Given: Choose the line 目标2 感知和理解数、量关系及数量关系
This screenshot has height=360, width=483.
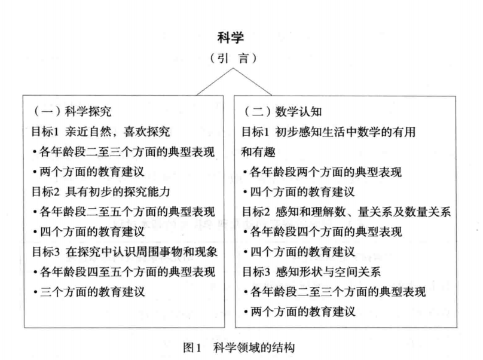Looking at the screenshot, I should coord(346,212).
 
